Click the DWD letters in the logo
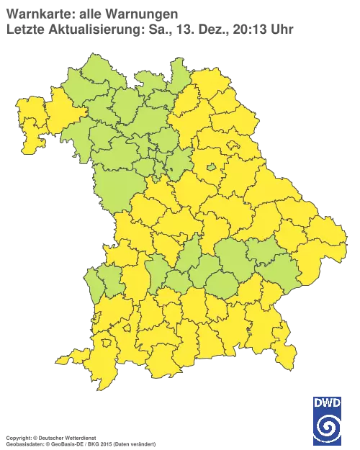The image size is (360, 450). [328, 401]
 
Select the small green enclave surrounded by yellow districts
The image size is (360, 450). [212, 168]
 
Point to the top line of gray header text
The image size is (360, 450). [91, 13]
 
